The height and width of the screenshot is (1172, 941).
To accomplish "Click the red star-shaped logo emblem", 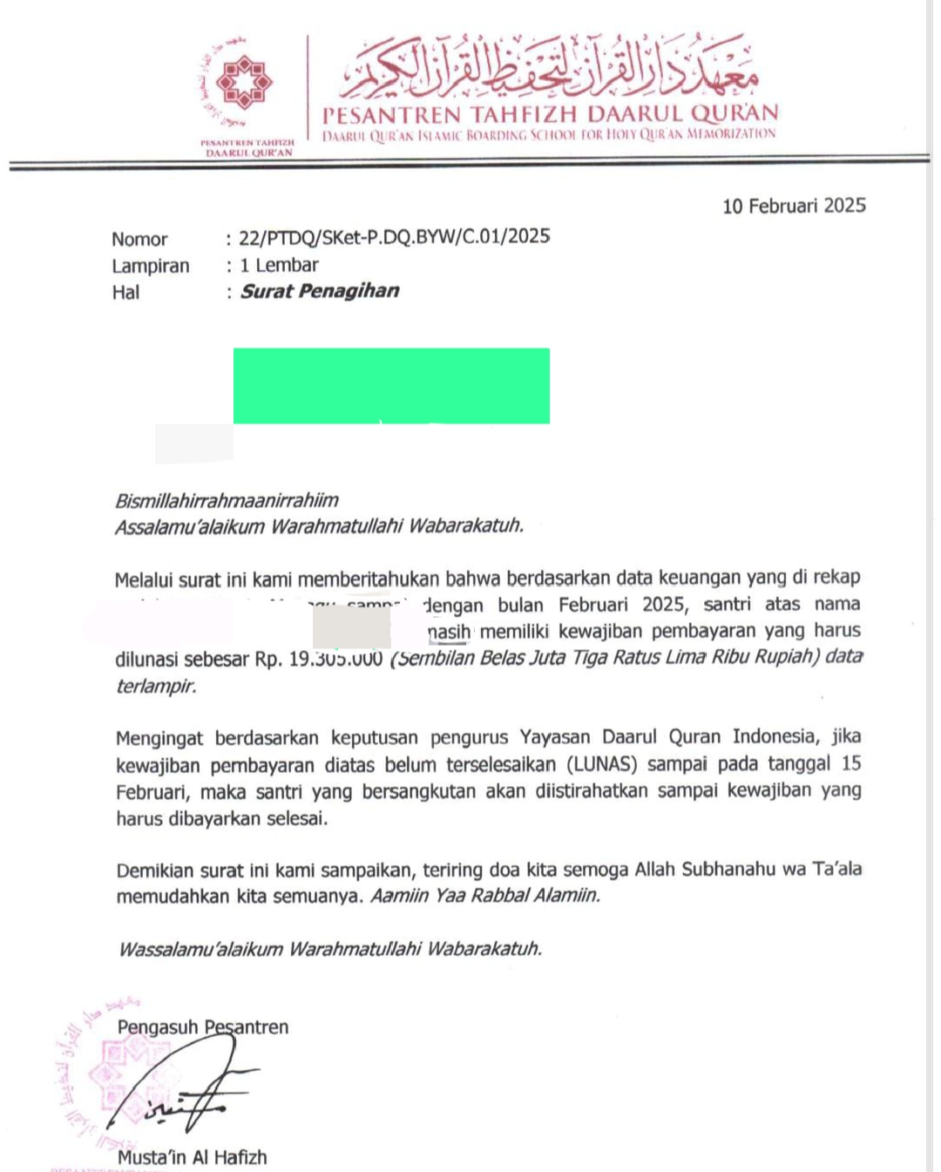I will click(x=244, y=83).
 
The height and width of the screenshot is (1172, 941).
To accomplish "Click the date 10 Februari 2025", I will click(x=794, y=206).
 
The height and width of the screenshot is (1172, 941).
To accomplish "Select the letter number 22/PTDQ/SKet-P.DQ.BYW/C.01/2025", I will click(x=394, y=237).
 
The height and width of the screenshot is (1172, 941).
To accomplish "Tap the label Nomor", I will click(x=139, y=240).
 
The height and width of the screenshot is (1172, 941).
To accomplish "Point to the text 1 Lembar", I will click(x=279, y=265).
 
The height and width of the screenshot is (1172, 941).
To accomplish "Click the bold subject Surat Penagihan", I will click(x=320, y=291).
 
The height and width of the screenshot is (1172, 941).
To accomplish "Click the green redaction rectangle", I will click(x=391, y=385).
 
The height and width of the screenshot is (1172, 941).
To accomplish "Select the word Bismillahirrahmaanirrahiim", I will click(x=227, y=500).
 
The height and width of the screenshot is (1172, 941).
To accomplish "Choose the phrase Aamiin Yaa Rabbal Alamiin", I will click(x=485, y=895).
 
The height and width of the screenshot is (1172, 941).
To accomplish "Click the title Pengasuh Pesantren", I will click(x=202, y=1026).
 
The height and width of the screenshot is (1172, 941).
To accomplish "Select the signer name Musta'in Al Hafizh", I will click(x=192, y=1157).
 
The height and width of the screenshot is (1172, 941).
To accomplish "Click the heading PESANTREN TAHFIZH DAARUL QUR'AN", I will click(x=550, y=114).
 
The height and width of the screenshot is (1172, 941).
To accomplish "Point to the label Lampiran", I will click(x=150, y=266).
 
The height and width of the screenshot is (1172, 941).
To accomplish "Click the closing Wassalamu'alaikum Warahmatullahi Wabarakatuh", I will click(x=329, y=948).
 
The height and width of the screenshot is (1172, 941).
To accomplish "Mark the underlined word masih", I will click(x=450, y=631).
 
